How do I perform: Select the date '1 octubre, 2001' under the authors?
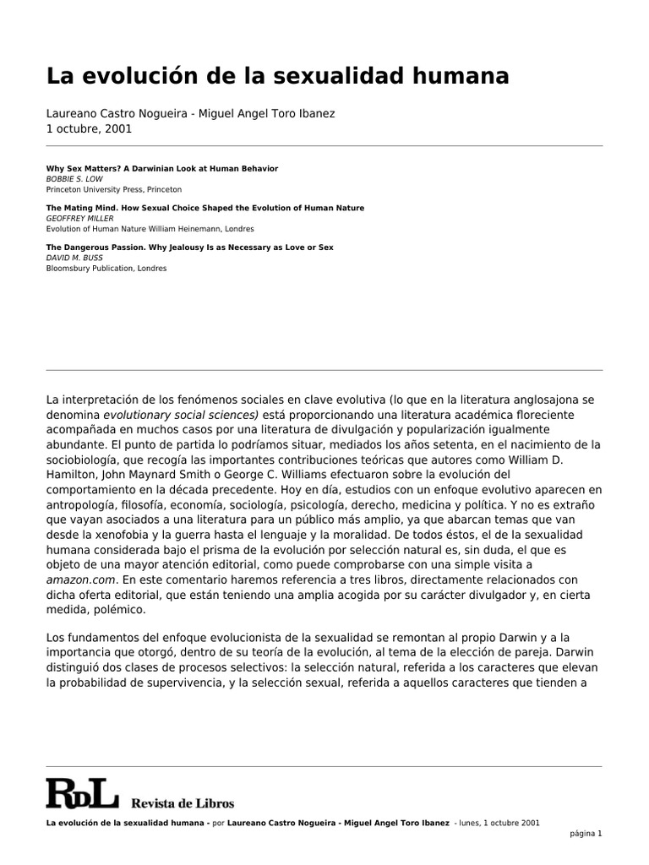[x=89, y=129]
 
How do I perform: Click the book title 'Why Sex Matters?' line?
[x=161, y=169]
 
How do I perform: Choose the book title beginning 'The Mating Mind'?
[x=205, y=208]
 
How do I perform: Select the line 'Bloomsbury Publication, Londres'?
[x=106, y=269]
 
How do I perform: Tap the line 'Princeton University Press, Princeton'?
[x=113, y=190]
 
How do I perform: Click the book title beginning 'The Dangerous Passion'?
[x=189, y=247]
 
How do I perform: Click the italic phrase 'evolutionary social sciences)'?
[x=182, y=415]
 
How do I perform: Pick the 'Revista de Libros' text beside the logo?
[x=183, y=803]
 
